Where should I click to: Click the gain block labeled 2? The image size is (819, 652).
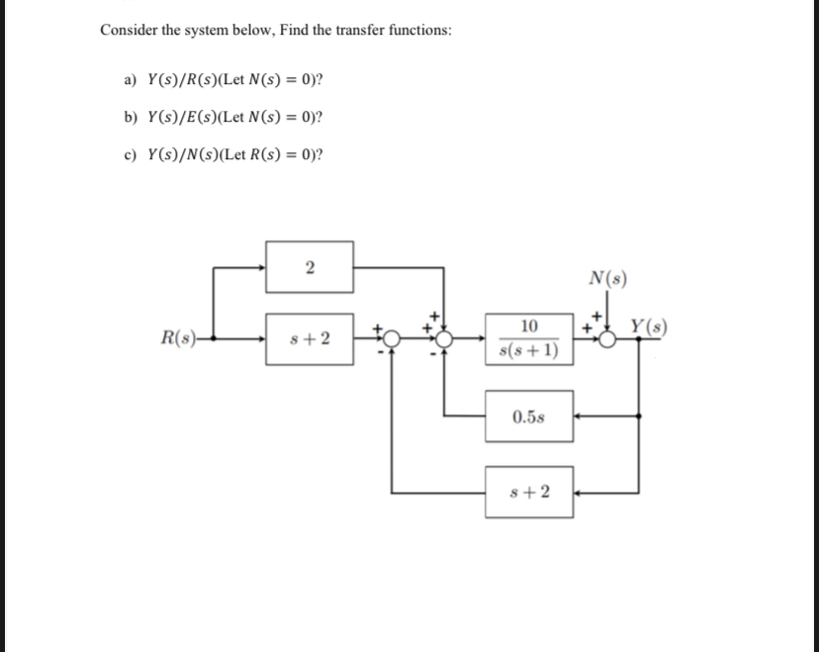[x=309, y=267]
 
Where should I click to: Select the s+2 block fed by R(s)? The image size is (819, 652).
[x=309, y=339]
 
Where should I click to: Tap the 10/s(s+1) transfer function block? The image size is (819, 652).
[x=528, y=338]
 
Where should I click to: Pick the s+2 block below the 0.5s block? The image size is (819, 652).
[x=528, y=492]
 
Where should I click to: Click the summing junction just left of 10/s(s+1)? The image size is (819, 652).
[x=444, y=339]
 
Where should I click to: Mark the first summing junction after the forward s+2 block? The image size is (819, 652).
[x=392, y=339]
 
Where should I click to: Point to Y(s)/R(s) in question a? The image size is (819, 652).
[x=181, y=79]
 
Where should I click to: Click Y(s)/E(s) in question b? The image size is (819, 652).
[x=181, y=117]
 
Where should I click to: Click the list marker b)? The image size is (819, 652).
[x=130, y=117]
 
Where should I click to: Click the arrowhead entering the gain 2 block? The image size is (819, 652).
[x=260, y=267]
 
